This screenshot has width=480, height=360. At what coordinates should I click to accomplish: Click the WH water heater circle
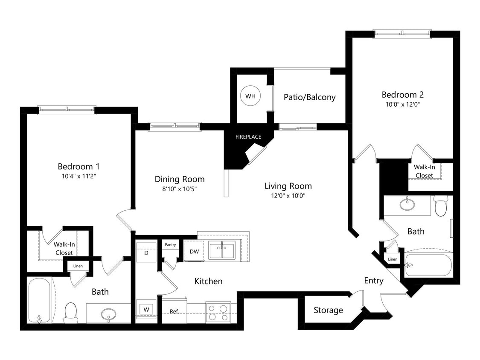tap(250, 96)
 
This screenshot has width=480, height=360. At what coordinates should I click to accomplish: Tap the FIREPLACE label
tap(248, 137)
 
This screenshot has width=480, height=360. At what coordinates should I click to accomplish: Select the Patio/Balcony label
tap(309, 97)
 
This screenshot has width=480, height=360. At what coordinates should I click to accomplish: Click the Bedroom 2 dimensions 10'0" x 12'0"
tap(403, 104)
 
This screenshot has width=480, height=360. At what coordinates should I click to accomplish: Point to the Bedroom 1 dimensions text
tap(79, 176)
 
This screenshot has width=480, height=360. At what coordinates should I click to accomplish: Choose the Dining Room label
tap(179, 179)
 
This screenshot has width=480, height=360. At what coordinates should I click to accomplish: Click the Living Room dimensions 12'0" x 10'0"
tap(288, 196)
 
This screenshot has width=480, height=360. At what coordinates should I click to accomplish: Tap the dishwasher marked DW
tap(194, 251)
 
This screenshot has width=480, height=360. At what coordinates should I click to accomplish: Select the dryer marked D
tap(146, 253)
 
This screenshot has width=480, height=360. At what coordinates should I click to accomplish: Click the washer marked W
tap(146, 309)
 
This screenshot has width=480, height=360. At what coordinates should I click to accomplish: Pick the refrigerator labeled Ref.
tap(174, 311)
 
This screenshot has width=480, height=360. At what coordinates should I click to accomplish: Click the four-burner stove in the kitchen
tap(218, 312)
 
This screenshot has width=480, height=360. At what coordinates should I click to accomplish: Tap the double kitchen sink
tap(222, 250)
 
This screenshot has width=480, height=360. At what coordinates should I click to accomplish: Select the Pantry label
tap(170, 245)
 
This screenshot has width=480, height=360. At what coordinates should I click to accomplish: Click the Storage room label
tap(328, 310)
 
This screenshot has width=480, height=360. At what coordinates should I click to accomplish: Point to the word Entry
tap(373, 281)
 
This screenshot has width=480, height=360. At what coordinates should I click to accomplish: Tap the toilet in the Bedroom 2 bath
tap(440, 206)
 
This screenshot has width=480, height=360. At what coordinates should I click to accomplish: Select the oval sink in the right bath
tap(407, 204)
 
